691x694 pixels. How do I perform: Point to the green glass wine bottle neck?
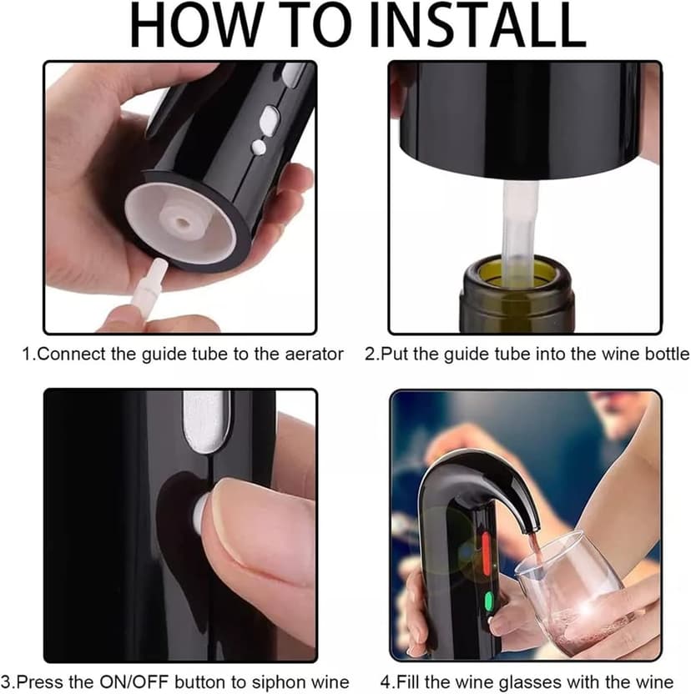(517, 294)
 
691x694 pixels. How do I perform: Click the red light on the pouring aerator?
(486, 554)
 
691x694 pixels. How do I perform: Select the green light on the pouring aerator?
(488, 601)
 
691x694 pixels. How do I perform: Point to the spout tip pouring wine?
(532, 527)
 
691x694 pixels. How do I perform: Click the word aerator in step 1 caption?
(314, 355)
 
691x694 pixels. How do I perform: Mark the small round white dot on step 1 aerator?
(259, 147)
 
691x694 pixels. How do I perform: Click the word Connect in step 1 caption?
(71, 355)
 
